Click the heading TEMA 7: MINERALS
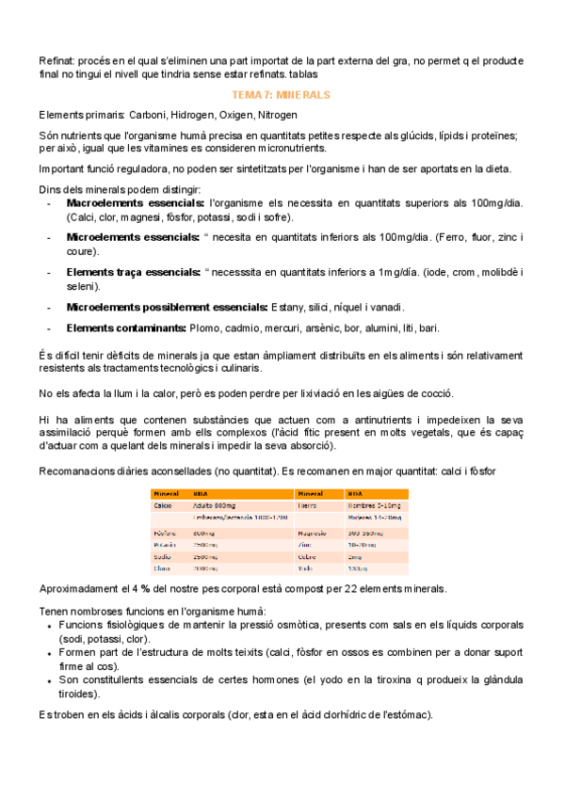(x=281, y=96)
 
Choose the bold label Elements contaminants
(x=125, y=327)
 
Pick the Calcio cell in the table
(x=163, y=505)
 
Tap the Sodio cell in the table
(x=163, y=557)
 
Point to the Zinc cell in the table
(x=308, y=545)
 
